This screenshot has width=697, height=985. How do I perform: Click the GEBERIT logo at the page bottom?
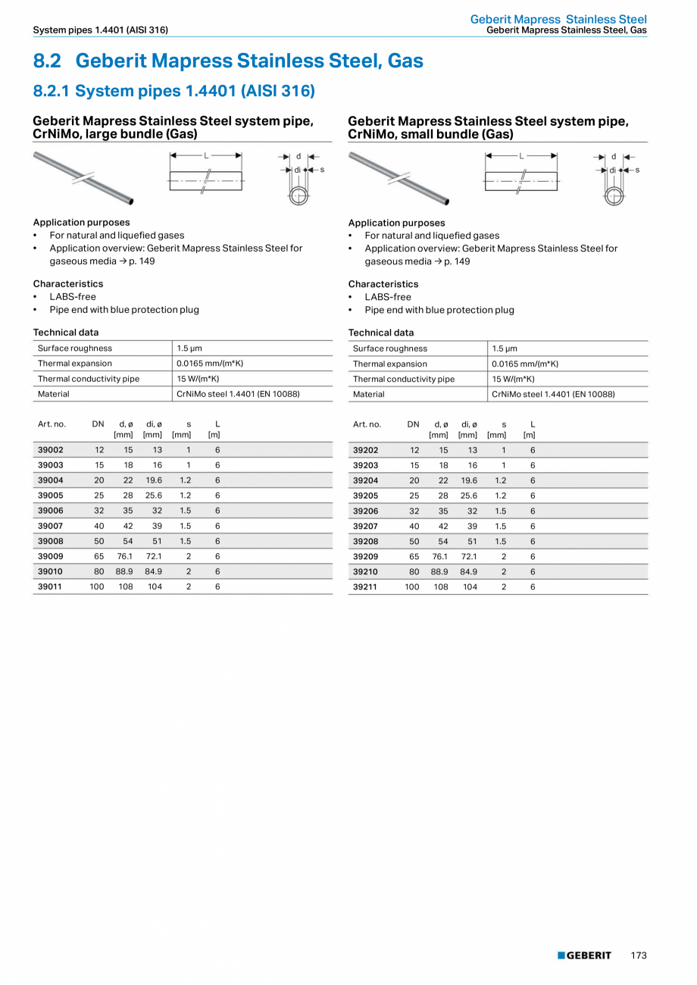click(x=584, y=955)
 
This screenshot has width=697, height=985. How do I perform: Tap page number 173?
click(x=639, y=955)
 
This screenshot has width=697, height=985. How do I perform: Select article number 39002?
click(x=51, y=450)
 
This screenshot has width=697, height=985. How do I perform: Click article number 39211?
click(x=366, y=586)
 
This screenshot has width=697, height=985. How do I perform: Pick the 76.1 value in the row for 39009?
click(x=124, y=556)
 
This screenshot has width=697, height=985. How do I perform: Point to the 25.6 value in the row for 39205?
click(x=469, y=496)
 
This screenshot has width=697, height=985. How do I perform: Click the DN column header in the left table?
click(x=98, y=424)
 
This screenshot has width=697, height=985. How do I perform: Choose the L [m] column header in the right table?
click(x=530, y=430)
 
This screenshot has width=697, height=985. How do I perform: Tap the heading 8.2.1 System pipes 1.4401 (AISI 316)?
click(x=173, y=91)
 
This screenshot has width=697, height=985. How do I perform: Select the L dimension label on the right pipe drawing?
click(x=521, y=155)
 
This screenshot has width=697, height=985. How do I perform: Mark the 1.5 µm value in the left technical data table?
click(x=189, y=349)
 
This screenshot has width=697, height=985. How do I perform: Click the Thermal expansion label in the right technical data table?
click(x=389, y=364)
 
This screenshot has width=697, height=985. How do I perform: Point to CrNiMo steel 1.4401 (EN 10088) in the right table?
click(x=553, y=394)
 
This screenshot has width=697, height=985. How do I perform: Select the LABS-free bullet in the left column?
click(x=73, y=296)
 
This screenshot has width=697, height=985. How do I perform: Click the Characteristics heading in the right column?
click(x=383, y=284)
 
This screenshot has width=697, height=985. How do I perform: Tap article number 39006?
click(x=51, y=511)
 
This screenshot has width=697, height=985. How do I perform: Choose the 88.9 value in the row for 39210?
click(x=439, y=571)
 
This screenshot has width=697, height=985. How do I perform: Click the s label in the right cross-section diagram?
click(x=637, y=170)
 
